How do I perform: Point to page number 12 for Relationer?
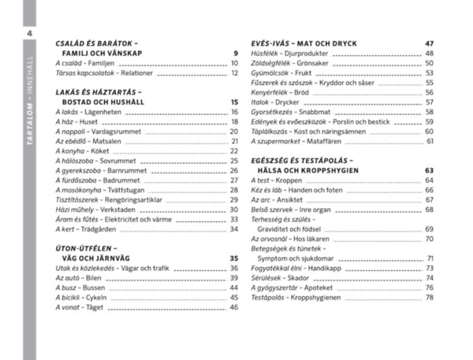tap(234, 72)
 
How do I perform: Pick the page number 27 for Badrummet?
tap(234, 180)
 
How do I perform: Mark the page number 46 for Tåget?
tap(234, 307)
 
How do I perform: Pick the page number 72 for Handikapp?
tap(430, 268)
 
